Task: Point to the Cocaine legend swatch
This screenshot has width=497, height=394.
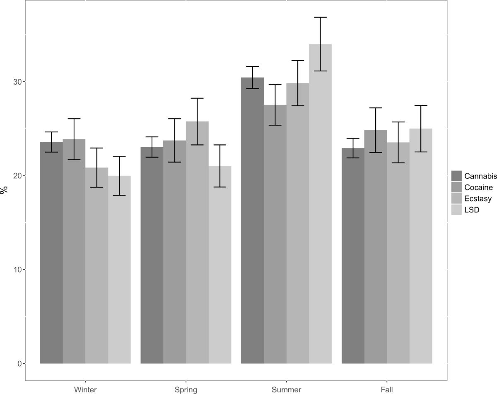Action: coord(457,187)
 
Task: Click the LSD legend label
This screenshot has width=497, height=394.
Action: coord(471,210)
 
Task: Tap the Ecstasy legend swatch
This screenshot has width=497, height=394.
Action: coord(457,199)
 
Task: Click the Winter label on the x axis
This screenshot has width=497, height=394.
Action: coord(85,389)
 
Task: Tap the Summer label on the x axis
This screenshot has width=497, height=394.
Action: coord(286,389)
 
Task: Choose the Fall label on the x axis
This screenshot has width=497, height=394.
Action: coord(387,389)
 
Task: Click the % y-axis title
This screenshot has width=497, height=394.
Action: coord(5,190)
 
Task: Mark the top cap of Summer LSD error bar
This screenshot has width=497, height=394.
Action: coord(320,17)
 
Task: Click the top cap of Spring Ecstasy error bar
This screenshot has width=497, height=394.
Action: coord(197,98)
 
